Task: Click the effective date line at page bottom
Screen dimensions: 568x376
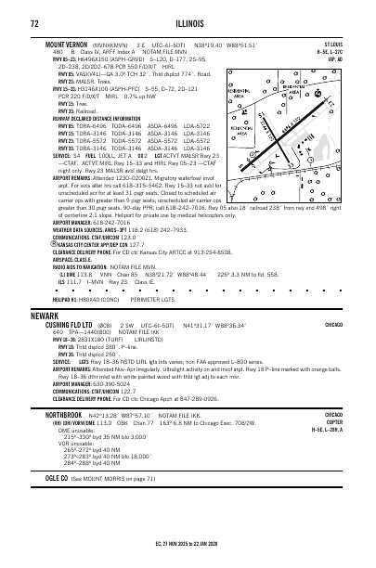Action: tap(188, 554)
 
